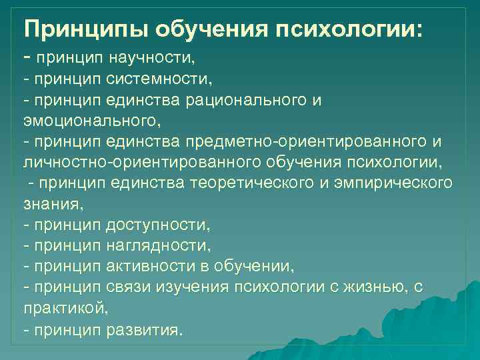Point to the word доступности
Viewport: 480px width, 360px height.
coord(157,225)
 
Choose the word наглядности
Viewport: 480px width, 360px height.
coord(158,245)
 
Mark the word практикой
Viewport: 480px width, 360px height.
coord(65,308)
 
